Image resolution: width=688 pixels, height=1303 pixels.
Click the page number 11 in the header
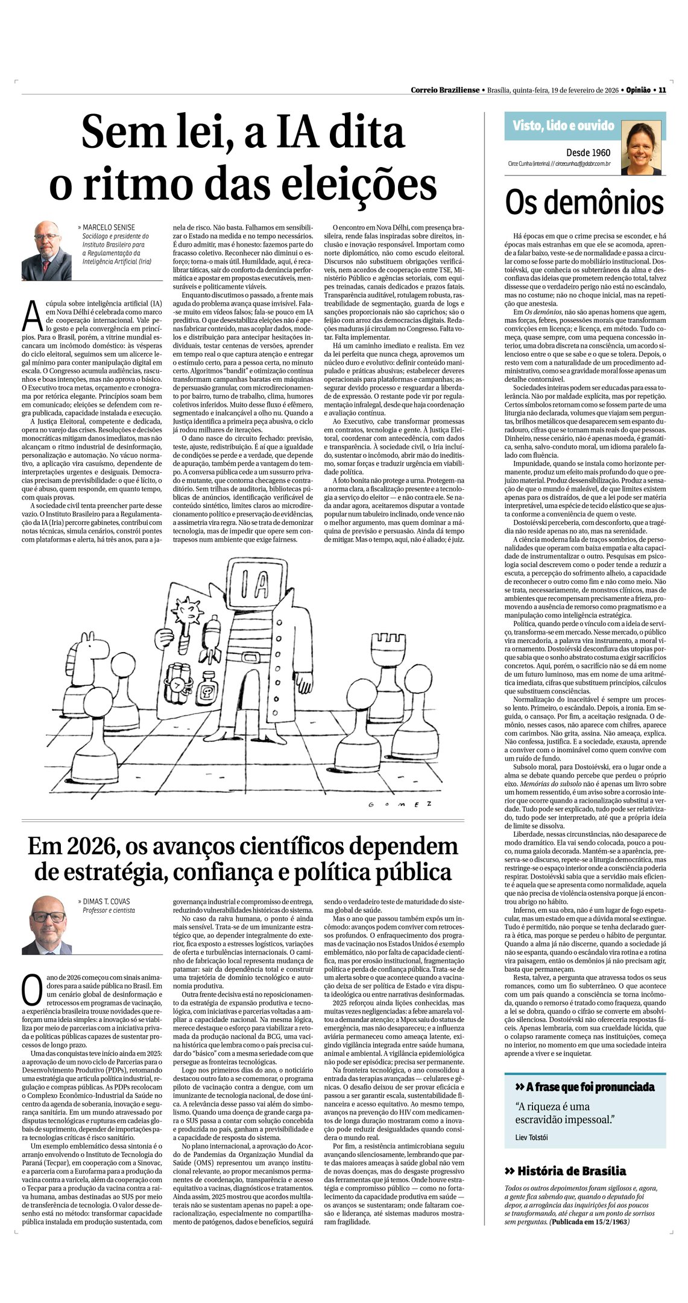click(x=662, y=90)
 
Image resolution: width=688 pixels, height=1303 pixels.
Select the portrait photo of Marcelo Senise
click(x=46, y=250)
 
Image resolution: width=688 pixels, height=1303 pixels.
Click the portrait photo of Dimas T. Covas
click(x=47, y=925)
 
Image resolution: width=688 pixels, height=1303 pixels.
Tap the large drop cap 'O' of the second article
click(x=31, y=988)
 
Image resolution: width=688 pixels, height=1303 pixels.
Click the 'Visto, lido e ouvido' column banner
click(x=563, y=125)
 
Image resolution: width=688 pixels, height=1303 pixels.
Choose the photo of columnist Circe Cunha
click(x=645, y=148)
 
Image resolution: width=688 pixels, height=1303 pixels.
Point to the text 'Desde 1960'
click(x=588, y=153)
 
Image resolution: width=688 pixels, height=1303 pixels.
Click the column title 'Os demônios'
click(x=584, y=203)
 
